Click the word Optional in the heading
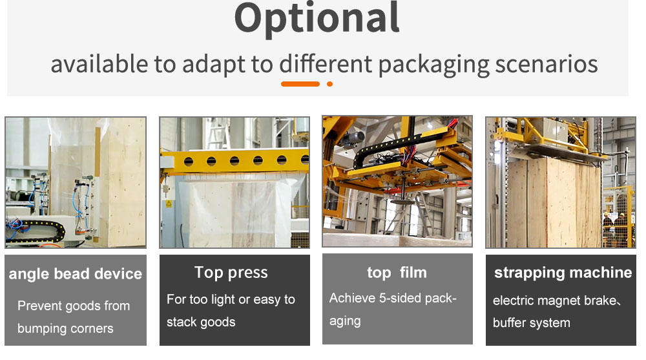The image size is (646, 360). pos(317,19)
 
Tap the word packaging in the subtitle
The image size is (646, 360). pos(433,65)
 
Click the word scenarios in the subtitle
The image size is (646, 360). pos(547,65)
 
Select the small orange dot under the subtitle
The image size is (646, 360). pos(329,84)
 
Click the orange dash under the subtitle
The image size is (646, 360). pos(300,84)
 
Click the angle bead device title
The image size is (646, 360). pos(76,274)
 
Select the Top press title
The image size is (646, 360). pos(231,273)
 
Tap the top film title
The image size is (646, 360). pos(397,273)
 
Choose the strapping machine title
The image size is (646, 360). pos(563,273)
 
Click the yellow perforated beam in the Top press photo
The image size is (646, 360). pos(235,160)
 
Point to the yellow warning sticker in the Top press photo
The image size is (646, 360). pos(169,204)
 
